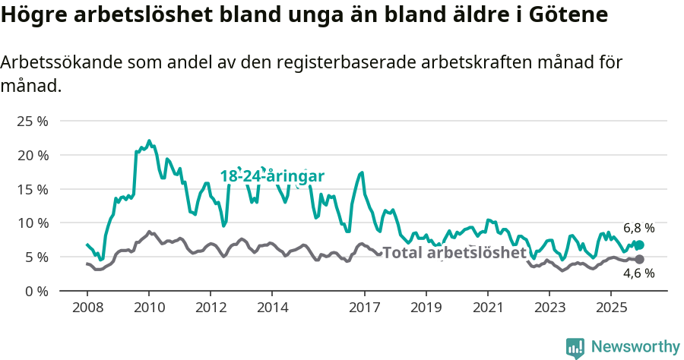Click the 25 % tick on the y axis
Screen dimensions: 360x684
tap(32, 121)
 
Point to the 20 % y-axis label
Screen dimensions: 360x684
tap(32, 155)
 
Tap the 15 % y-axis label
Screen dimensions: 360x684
tap(32, 189)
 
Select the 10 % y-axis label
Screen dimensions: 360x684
tap(32, 223)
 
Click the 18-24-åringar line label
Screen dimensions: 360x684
tap(272, 176)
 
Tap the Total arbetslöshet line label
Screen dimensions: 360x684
tap(454, 253)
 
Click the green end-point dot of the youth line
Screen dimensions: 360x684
tap(639, 245)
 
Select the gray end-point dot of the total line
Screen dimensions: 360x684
tap(639, 260)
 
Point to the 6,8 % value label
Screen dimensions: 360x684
tap(638, 228)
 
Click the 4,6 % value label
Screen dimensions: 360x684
tap(638, 274)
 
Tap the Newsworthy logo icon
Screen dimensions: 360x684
tap(575, 348)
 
